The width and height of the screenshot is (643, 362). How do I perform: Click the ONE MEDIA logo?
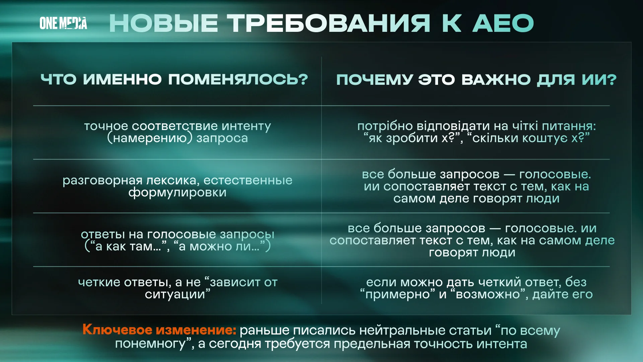pos(63,23)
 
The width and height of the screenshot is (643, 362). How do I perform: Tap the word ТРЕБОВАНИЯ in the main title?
pos(329,23)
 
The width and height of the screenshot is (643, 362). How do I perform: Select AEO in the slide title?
pos(503,23)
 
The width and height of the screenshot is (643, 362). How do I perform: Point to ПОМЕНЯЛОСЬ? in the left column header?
pos(238,79)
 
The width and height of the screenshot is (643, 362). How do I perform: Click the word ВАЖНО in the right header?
pos(496,80)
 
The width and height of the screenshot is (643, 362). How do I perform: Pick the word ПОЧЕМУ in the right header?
pos(374,80)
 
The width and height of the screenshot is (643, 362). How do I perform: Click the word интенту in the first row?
pos(246,126)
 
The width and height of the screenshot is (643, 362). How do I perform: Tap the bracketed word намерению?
pos(150,138)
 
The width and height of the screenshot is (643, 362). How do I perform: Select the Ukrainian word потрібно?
pos(385,126)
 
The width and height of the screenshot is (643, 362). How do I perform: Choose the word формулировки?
pos(177,192)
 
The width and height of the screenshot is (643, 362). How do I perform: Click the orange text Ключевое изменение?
pos(159,330)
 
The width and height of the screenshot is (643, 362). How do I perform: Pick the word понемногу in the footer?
pos(150,344)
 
